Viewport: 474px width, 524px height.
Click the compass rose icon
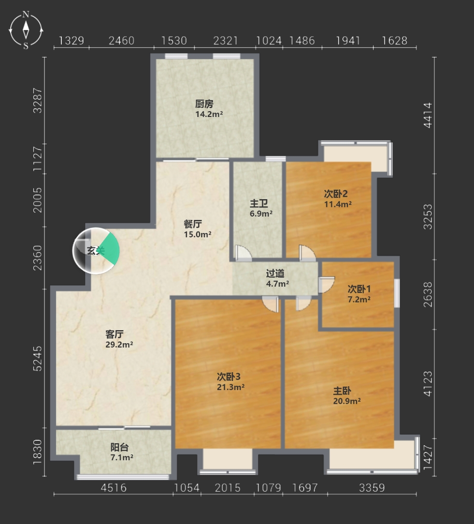tap(26, 30)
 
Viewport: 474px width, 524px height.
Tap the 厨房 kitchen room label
tap(204, 104)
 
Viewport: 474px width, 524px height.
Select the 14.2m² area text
tap(209, 114)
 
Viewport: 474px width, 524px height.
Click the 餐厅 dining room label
tap(193, 224)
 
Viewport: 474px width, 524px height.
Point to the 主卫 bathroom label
tap(259, 203)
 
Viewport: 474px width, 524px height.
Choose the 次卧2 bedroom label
tap(336, 193)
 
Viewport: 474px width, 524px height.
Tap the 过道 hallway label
tap(275, 274)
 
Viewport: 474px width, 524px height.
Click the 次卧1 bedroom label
tap(359, 289)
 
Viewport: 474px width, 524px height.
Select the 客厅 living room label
tap(114, 334)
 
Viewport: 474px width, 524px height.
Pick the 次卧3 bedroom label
tap(229, 377)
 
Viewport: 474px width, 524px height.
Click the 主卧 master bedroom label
tap(342, 391)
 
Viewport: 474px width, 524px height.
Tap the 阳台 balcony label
tap(119, 447)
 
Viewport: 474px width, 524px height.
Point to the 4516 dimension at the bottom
tap(114, 488)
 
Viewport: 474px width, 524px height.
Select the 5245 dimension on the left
tap(38, 359)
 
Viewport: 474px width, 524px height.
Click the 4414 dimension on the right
tap(428, 116)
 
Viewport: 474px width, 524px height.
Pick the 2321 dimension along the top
tap(226, 41)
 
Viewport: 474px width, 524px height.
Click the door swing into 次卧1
tap(327, 285)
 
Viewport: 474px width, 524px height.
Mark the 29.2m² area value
tap(119, 344)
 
